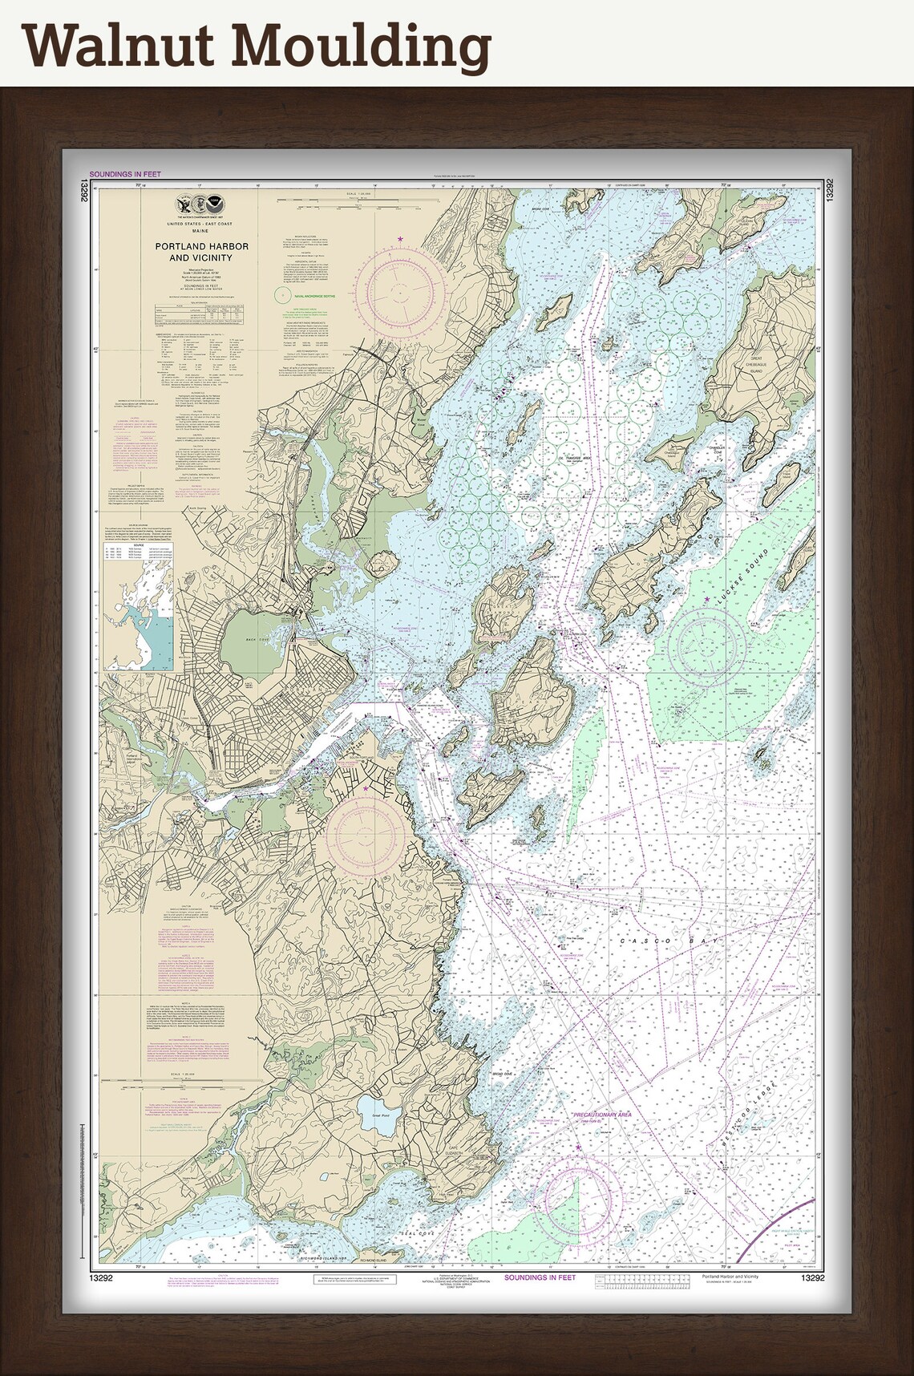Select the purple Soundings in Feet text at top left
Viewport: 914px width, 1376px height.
pyautogui.click(x=125, y=174)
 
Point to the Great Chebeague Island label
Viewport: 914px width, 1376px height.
pyautogui.click(x=762, y=366)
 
